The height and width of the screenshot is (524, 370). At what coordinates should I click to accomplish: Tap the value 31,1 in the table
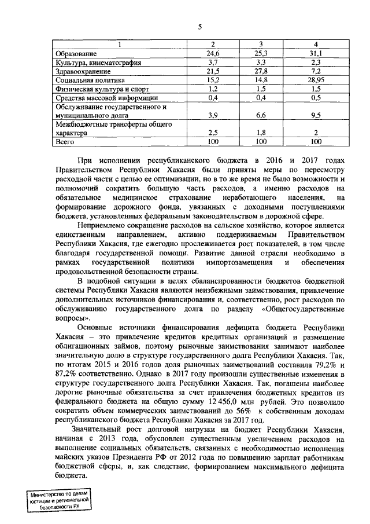[316, 53]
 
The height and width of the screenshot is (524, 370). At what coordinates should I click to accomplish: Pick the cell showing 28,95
[316, 80]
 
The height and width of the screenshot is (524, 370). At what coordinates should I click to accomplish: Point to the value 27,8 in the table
[261, 71]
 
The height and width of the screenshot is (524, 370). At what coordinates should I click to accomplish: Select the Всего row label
[64, 141]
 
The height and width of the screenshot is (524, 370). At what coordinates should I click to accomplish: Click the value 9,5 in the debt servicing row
[316, 115]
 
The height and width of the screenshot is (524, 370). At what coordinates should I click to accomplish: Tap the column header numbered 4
[316, 45]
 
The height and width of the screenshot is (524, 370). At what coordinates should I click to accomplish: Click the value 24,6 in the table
[214, 53]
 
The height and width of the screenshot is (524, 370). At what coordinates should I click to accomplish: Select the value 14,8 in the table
[261, 80]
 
